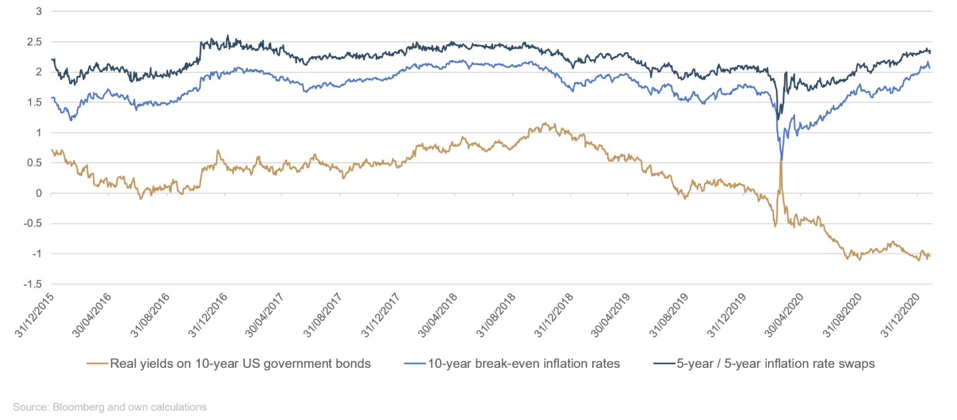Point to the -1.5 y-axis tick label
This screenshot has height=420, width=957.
click(33, 284)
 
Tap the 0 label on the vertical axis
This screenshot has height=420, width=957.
click(39, 194)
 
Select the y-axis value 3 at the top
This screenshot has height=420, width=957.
click(39, 11)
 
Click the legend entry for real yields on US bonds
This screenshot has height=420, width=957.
click(240, 363)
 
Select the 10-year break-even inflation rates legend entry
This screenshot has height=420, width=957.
click(523, 363)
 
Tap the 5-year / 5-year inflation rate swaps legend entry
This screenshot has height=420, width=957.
click(775, 363)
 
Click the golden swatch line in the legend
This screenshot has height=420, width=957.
click(97, 363)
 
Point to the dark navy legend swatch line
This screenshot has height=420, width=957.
click(664, 363)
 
